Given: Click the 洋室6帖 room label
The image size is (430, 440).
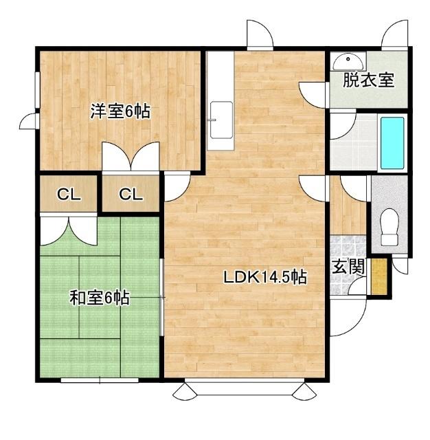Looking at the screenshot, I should point(120,112).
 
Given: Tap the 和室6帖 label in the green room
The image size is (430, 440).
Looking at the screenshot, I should point(100,298).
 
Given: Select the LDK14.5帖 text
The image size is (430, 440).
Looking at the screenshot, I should point(264,278).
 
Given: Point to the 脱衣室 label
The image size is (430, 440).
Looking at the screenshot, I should point(369,80).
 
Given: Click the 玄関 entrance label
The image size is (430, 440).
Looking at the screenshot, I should point(348,267).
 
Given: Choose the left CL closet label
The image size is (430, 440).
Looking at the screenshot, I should point(69,195).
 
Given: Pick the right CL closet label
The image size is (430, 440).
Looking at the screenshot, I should point(131,195).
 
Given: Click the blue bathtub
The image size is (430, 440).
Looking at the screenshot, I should point(392,142).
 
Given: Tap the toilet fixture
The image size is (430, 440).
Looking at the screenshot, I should point(389,226).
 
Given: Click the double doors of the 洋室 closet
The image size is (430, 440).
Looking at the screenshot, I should point(131,157).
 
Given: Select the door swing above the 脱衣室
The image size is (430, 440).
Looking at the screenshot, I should point(396,35).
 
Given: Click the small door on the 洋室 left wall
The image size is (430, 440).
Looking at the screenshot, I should point(30,121).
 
